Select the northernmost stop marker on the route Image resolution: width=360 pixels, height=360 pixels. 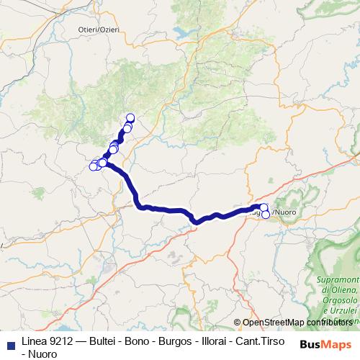pos(130,118)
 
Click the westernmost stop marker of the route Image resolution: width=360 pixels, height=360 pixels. pos(93,167)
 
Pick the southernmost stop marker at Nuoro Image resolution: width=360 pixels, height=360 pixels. pos(266,215)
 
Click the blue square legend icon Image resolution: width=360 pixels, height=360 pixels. pos(10,342)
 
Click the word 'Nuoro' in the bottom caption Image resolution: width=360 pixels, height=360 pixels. pos(41,354)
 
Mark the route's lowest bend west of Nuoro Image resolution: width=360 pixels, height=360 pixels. pos(196,221)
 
